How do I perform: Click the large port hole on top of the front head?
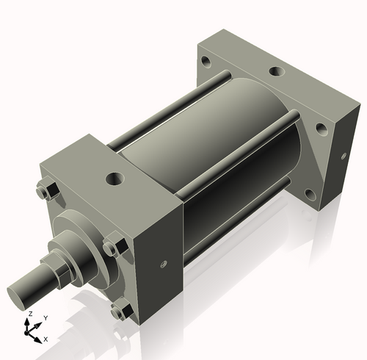click(x=114, y=178)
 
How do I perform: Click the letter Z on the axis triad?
click(x=29, y=314)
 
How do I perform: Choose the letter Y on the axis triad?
click(x=45, y=317)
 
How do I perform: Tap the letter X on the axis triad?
click(x=46, y=339)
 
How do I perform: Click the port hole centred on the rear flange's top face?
click(x=276, y=72)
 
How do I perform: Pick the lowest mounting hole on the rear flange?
click(x=310, y=194)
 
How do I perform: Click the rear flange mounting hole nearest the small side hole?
click(x=321, y=128)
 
